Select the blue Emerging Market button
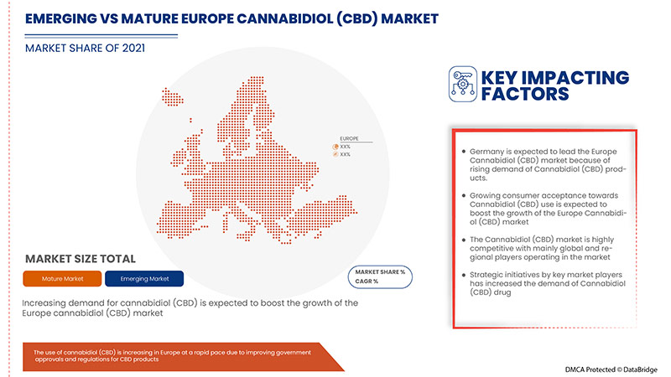146,277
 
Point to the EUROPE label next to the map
350,137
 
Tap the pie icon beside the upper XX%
335,147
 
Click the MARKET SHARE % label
380,273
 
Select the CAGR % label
367,281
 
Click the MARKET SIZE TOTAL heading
81,258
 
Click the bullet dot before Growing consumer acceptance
462,194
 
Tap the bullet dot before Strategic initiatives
462,276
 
